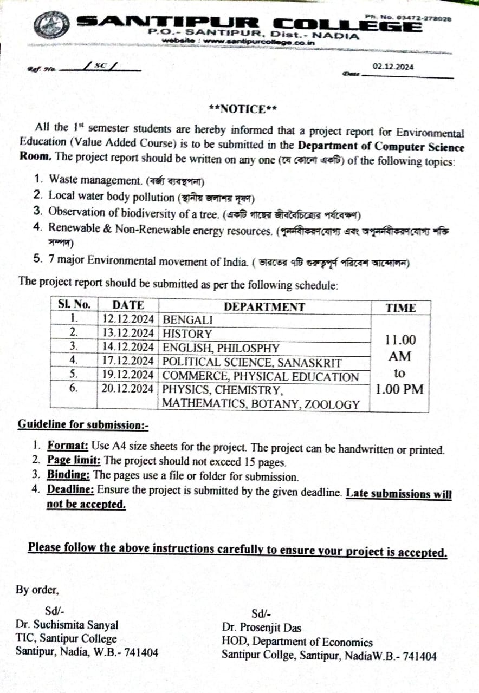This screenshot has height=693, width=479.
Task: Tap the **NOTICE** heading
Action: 243,109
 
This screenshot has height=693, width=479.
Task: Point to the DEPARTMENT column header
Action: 264,307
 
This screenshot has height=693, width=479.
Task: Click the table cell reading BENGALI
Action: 187,320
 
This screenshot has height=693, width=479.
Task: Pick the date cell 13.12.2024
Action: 128,334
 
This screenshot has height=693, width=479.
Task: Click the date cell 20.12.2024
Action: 128,389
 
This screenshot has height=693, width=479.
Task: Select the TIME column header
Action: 400,308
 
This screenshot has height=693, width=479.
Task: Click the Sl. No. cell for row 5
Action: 74,374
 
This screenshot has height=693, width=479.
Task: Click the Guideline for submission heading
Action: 83,424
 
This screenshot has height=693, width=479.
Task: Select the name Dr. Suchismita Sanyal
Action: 67,625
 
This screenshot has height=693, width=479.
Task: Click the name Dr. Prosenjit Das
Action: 261,628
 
